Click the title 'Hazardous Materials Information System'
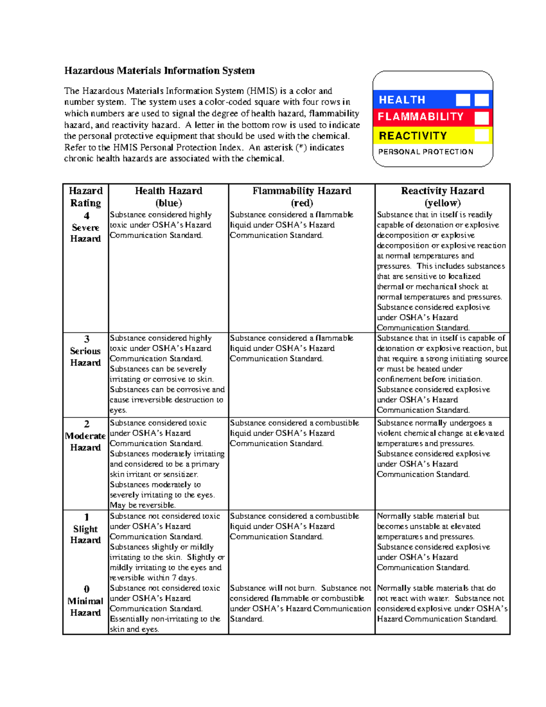click(159, 71)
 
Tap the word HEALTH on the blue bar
click(402, 100)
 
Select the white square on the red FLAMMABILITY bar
click(481, 117)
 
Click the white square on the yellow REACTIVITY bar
click(481, 135)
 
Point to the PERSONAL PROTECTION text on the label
click(425, 152)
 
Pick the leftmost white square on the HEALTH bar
click(463, 100)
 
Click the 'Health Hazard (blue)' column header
click(168, 197)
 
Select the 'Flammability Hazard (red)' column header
click(302, 197)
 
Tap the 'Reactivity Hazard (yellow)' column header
click(442, 197)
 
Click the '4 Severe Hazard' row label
click(86, 227)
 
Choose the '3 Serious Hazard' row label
click(86, 351)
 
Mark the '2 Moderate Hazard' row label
click(86, 436)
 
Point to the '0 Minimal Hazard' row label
click(86, 601)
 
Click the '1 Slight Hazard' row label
click(86, 529)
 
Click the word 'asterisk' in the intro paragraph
click(277, 148)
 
